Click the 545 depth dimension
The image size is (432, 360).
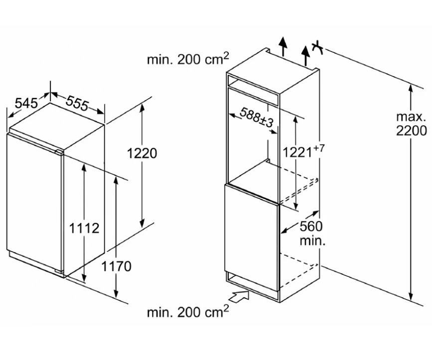[x=26, y=103]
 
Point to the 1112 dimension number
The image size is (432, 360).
[x=84, y=228]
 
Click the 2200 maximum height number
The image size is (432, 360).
[x=412, y=131]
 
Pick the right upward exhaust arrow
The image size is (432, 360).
[x=305, y=54]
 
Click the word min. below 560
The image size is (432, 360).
[x=312, y=241]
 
